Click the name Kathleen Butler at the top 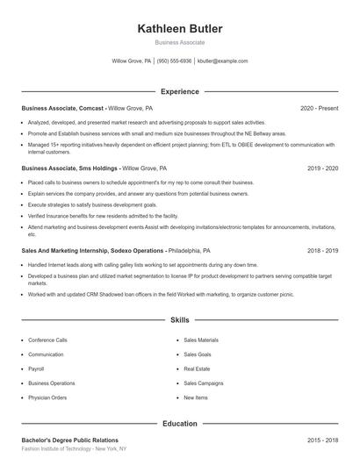180,29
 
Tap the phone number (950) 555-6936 174,61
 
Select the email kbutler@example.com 223,61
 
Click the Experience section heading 180,91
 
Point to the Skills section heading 180,321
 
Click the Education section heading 180,424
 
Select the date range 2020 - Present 319,109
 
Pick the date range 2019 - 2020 322,168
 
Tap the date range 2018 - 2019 322,250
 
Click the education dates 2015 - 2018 322,440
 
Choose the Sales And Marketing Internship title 83,250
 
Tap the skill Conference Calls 47,340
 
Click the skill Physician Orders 47,397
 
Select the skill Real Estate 197,368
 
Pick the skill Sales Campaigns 204,383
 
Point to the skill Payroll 36,368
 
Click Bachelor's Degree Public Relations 69,440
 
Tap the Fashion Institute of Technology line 74,449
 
